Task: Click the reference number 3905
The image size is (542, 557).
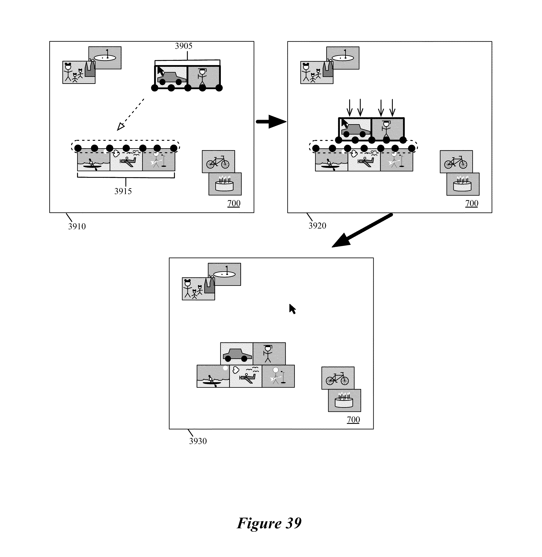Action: [184, 46]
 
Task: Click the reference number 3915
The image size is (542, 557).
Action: [123, 191]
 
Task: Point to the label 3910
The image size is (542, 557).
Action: [77, 226]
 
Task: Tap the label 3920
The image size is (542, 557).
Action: [317, 226]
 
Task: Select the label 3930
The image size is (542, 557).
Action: [198, 441]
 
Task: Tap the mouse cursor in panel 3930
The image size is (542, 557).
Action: [292, 309]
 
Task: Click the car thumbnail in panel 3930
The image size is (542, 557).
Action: [237, 354]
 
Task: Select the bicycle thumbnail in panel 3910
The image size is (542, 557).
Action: [218, 162]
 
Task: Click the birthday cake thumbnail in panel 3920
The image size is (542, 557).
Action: [463, 184]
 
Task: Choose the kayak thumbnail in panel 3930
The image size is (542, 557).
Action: [213, 376]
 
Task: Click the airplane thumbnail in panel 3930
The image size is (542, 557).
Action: [246, 376]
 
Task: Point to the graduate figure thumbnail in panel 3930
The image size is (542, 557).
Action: [269, 354]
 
